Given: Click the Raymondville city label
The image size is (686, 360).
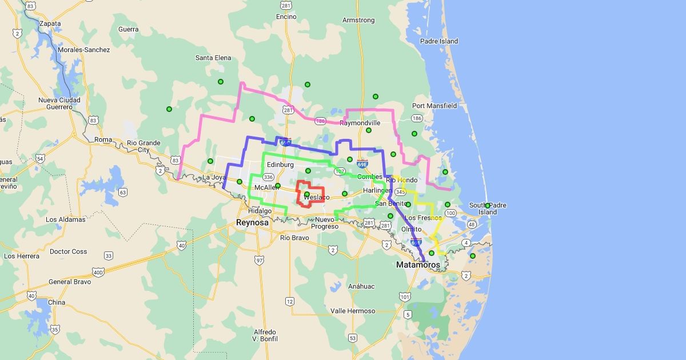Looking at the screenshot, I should click(x=360, y=123).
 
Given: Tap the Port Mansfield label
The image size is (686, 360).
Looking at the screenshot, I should click(x=434, y=106).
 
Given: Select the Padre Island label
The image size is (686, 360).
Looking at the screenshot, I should click(x=439, y=41).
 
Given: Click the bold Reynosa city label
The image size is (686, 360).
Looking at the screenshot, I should click(x=252, y=222).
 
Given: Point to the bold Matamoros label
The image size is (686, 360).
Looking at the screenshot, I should click(x=418, y=265).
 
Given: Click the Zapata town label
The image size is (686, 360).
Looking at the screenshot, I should click(x=50, y=23).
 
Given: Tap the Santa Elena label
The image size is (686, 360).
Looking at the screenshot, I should click(x=213, y=58).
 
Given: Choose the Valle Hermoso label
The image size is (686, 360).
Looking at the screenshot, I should click(x=353, y=311).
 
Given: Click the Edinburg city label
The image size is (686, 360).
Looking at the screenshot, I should click(x=280, y=165).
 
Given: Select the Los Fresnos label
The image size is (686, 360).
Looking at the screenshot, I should click(x=423, y=218).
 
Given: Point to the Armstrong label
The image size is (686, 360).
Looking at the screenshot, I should click(x=358, y=20).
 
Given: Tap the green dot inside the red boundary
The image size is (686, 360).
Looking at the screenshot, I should click(x=307, y=194).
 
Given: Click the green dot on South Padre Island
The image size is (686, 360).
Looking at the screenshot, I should click(x=488, y=206).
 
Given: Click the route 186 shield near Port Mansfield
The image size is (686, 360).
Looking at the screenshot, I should click(x=417, y=118).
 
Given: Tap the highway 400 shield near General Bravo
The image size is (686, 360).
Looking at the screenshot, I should click(x=98, y=272).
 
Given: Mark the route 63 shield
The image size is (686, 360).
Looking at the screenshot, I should click(x=123, y=192).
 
